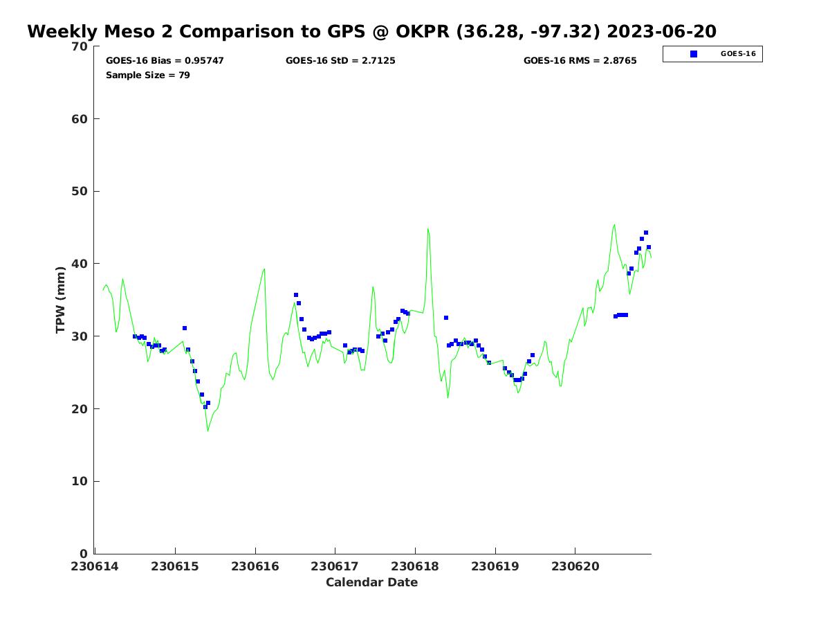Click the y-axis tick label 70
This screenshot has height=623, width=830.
pyautogui.click(x=80, y=47)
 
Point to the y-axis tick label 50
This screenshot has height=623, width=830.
pyautogui.click(x=80, y=192)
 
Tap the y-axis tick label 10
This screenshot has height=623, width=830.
pyautogui.click(x=80, y=482)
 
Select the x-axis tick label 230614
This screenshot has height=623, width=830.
pyautogui.click(x=95, y=566)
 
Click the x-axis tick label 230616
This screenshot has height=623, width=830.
pyautogui.click(x=255, y=566)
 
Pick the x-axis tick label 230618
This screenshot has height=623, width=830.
pyautogui.click(x=415, y=566)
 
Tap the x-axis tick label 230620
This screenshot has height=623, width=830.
pyautogui.click(x=575, y=566)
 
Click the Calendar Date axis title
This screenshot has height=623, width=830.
pyautogui.click(x=372, y=583)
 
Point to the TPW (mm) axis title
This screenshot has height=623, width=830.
pyautogui.click(x=61, y=299)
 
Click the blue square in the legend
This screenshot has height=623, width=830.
pyautogui.click(x=694, y=54)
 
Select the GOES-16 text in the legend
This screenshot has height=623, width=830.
pyautogui.click(x=738, y=54)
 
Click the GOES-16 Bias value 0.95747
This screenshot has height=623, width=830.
pyautogui.click(x=204, y=61)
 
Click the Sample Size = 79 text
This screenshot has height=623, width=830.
pyautogui.click(x=148, y=75)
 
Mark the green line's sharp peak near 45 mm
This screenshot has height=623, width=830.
pyautogui.click(x=427, y=228)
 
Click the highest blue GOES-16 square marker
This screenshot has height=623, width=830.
pyautogui.click(x=646, y=233)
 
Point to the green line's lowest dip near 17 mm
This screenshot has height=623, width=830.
pyautogui.click(x=207, y=431)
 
